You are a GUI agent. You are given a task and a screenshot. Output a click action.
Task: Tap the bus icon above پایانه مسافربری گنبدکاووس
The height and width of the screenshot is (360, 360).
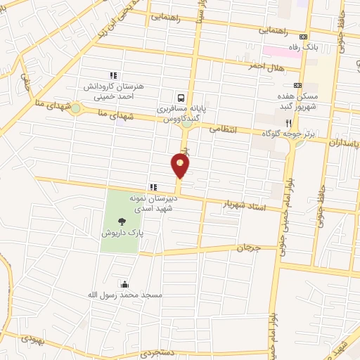pyautogui.click(x=182, y=98)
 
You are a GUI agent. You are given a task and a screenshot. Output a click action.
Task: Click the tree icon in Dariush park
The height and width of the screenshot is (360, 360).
pyautogui.click(x=131, y=222)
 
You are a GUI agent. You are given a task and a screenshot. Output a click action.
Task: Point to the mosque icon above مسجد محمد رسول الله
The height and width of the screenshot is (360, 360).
pyautogui.click(x=125, y=284)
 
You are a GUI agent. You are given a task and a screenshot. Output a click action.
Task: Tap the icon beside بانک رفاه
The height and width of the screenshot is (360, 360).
pyautogui.click(x=304, y=37)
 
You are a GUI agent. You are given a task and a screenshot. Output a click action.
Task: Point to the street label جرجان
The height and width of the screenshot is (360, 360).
pyautogui.click(x=247, y=248)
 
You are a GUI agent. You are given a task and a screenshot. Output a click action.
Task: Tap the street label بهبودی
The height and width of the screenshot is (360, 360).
pyautogui.click(x=31, y=337)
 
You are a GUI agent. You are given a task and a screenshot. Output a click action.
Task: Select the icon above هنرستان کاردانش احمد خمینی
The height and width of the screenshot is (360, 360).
pyautogui.click(x=112, y=75)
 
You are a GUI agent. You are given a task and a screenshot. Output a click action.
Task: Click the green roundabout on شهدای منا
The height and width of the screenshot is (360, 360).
pyautogui.click(x=75, y=108)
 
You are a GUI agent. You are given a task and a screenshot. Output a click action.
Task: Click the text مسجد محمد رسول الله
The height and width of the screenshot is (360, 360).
pyautogui.click(x=125, y=295)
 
